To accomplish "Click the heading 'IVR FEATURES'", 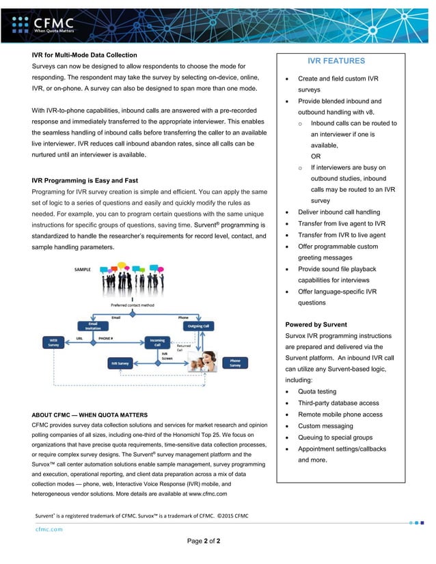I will click(x=336, y=61).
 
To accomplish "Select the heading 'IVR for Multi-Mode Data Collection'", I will click(x=85, y=55).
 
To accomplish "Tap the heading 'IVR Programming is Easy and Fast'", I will click(x=85, y=180).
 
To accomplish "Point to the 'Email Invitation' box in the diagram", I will click(x=92, y=326).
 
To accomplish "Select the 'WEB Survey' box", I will click(x=53, y=341).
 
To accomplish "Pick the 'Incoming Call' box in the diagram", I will click(x=156, y=341).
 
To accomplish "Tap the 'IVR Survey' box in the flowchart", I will click(x=121, y=363).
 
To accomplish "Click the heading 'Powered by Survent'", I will click(x=316, y=324).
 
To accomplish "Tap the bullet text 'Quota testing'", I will click(x=317, y=391).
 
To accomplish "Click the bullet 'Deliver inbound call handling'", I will click(x=339, y=212).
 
